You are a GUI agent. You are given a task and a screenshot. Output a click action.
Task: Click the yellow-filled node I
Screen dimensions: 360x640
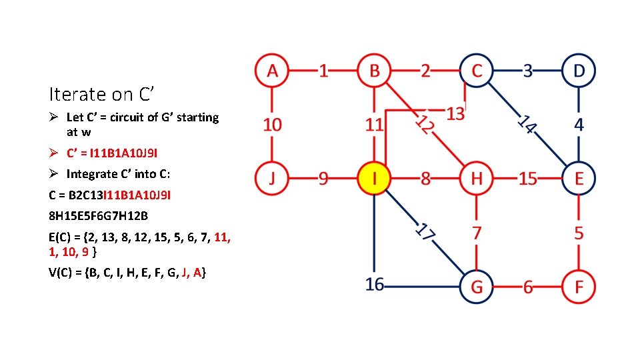pyautogui.click(x=375, y=179)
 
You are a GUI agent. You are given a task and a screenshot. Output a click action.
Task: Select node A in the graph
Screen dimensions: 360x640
pyautogui.click(x=272, y=70)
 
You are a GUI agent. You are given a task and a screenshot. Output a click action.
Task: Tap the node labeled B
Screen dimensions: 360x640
pyautogui.click(x=375, y=70)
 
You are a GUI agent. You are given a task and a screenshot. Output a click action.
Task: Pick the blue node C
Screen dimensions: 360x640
pyautogui.click(x=476, y=70)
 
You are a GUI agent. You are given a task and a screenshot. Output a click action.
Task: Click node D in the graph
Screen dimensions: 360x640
pyautogui.click(x=579, y=70)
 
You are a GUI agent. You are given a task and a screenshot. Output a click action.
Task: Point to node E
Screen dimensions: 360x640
pyautogui.click(x=579, y=179)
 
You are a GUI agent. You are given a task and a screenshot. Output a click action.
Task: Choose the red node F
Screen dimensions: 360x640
pyautogui.click(x=579, y=287)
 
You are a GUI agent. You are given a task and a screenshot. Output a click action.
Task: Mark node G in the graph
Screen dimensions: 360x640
pyautogui.click(x=476, y=287)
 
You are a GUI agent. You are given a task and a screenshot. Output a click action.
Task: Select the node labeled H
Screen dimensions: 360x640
pyautogui.click(x=476, y=179)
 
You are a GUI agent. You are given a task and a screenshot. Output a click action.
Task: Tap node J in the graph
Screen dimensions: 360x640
pyautogui.click(x=272, y=179)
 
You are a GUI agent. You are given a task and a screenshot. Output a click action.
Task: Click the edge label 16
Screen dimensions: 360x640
pyautogui.click(x=375, y=285)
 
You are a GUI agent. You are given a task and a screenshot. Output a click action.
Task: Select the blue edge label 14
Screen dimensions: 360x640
pyautogui.click(x=527, y=124)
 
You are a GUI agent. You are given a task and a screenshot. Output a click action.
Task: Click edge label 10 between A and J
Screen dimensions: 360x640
pyautogui.click(x=272, y=124)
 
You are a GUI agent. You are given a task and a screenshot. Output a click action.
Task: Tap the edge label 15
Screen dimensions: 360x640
pyautogui.click(x=527, y=179)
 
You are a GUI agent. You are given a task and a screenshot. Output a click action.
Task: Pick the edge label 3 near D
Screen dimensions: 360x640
pyautogui.click(x=527, y=70)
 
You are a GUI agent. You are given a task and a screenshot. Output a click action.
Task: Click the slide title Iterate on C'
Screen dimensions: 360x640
pyautogui.click(x=101, y=94)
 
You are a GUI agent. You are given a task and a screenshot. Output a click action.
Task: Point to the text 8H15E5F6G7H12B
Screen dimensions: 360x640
pyautogui.click(x=98, y=216)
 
